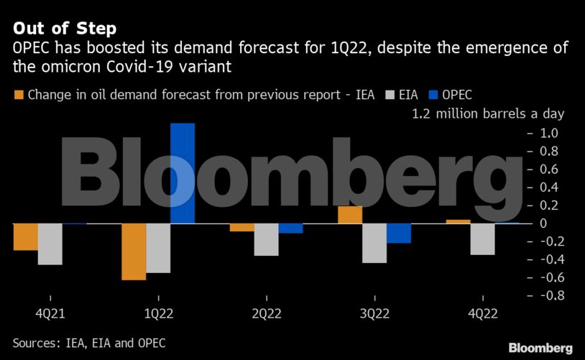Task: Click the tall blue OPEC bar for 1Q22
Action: [x=182, y=173]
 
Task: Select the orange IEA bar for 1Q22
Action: [x=134, y=251]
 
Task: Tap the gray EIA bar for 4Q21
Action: [x=50, y=244]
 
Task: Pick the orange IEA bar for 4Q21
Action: [x=25, y=236]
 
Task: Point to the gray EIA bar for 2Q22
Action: [x=266, y=239]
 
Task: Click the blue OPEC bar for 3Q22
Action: [x=399, y=233]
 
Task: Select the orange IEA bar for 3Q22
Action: [x=350, y=215]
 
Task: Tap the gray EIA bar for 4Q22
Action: [x=482, y=239]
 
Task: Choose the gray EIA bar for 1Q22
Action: [x=158, y=248]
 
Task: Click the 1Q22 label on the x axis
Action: [x=158, y=315]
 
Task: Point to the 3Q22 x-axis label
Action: [x=374, y=315]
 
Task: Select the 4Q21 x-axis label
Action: [x=50, y=315]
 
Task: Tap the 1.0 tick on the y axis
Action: [x=548, y=133]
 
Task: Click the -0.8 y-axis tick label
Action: [x=545, y=295]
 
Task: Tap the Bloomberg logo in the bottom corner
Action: [x=540, y=348]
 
